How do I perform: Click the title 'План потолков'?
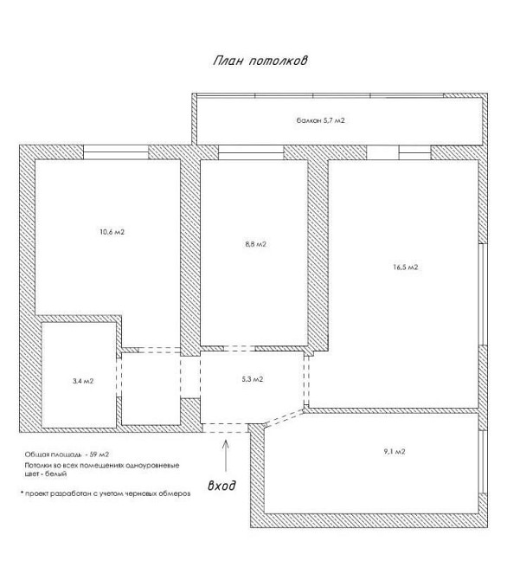click(x=260, y=61)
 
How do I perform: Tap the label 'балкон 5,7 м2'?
click(x=320, y=120)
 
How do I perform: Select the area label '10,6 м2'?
click(x=112, y=232)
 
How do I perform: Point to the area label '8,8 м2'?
click(x=255, y=244)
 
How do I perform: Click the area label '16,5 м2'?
click(x=405, y=267)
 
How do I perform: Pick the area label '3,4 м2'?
click(x=83, y=381)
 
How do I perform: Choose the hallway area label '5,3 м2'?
click(x=253, y=379)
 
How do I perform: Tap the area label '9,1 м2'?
click(x=395, y=451)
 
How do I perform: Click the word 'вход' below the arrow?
click(x=221, y=485)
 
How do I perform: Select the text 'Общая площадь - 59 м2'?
click(x=67, y=454)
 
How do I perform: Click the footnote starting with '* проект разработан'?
click(x=106, y=493)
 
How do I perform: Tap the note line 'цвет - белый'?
click(x=46, y=474)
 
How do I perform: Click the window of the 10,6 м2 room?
click(x=116, y=152)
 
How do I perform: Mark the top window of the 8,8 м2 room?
click(x=251, y=152)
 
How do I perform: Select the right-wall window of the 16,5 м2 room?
click(x=482, y=294)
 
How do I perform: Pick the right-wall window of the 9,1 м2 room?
click(x=482, y=461)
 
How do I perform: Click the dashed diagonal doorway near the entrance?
click(x=284, y=418)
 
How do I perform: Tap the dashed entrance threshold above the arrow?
click(x=225, y=428)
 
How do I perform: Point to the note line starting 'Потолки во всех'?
click(x=102, y=465)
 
